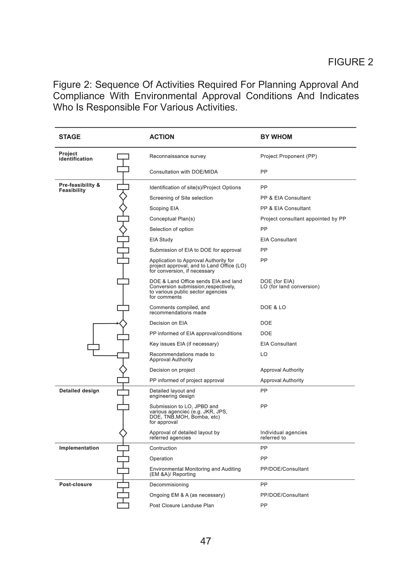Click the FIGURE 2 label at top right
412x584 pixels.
coord(350,62)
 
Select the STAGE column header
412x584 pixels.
coord(70,137)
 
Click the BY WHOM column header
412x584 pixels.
coord(276,137)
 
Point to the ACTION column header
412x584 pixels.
coord(162,137)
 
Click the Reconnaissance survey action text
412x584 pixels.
coord(177,156)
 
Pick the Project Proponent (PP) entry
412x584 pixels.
coord(288,156)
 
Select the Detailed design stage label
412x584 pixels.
coord(79,391)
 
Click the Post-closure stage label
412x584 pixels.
coord(75,485)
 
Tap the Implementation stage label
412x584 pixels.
coord(79,448)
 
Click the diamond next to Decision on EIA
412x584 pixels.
coord(123,323)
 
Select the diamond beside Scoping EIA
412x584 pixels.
coord(123,208)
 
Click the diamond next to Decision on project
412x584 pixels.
coord(123,369)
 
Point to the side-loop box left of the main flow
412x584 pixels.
coord(93,347)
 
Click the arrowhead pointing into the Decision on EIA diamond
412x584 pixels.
coord(118,323)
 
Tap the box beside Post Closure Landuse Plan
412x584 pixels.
coord(123,506)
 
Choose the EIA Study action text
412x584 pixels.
coord(161,240)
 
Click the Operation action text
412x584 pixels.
coord(161,459)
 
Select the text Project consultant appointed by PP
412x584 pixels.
coord(303,219)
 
